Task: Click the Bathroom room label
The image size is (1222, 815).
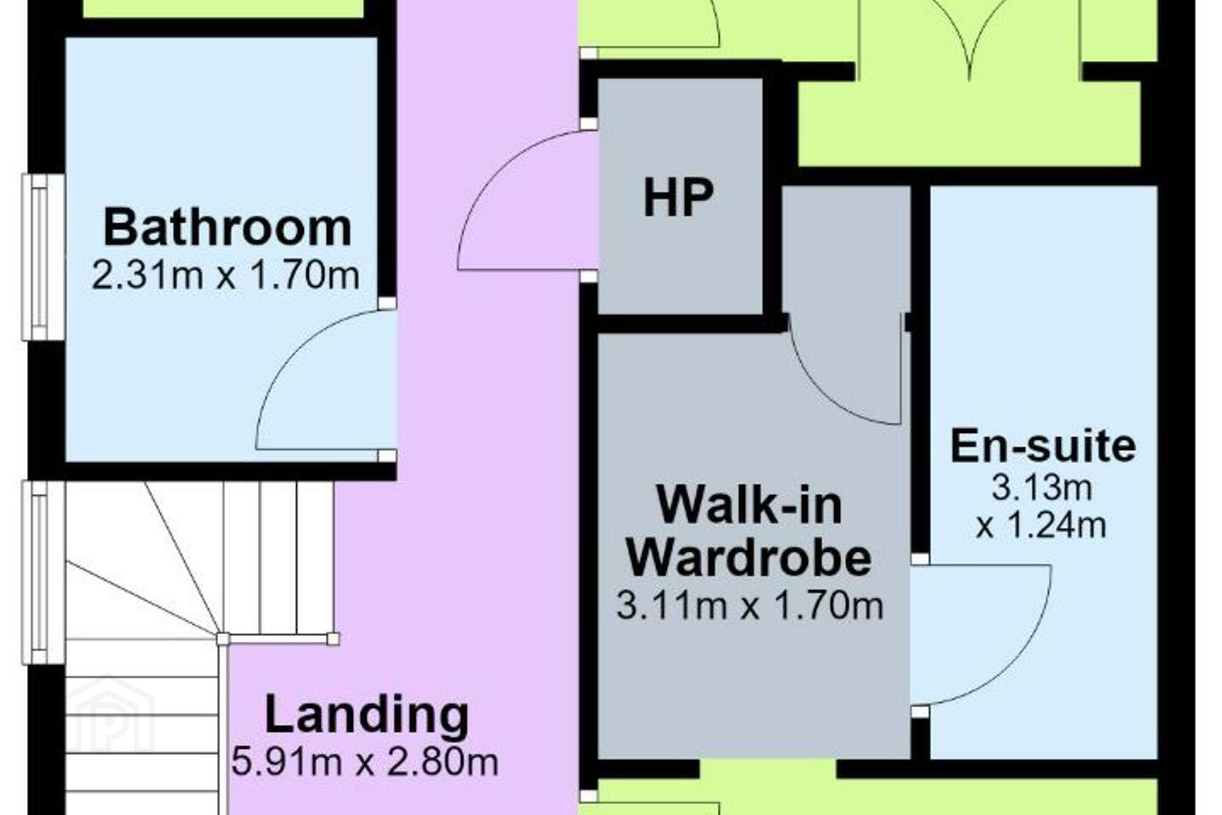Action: [x=227, y=228]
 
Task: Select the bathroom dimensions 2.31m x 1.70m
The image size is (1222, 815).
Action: [x=226, y=276]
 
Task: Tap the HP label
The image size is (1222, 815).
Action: [x=678, y=198]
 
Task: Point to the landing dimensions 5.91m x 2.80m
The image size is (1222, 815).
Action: [x=365, y=762]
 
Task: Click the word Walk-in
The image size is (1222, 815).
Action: [x=749, y=505]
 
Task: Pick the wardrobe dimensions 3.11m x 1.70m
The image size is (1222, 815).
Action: [x=749, y=605]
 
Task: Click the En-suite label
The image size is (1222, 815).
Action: [x=1043, y=446]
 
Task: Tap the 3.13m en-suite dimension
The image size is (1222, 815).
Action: [x=1042, y=487]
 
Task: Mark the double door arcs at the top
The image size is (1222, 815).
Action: [x=969, y=41]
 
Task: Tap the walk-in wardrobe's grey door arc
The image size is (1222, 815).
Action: [x=824, y=394]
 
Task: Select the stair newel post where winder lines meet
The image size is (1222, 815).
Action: [x=222, y=638]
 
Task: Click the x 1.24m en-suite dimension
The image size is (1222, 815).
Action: [x=1041, y=526]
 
